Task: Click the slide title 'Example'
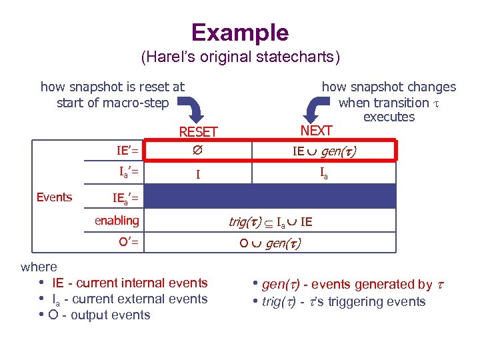pos(240,32)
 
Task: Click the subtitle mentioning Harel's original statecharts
pos(240,58)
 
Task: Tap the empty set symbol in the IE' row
pos(198,151)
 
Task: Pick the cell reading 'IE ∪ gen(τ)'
pos(324,151)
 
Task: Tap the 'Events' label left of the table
pos(54,197)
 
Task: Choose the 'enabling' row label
pos(117,220)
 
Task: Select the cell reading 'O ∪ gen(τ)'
pos(270,243)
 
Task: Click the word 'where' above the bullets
pos(39,267)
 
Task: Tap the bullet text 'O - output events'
pos(99,315)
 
